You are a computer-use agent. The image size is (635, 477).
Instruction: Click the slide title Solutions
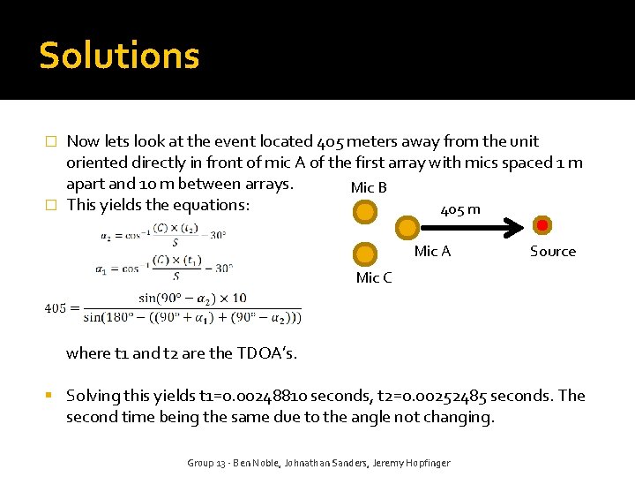119,56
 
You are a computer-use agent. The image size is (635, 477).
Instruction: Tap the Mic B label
369,187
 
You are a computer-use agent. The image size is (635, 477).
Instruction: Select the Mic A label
432,251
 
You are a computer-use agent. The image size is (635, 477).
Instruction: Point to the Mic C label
373,277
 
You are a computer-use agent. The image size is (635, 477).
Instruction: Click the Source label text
552,251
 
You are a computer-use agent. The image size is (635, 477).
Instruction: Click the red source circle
542,226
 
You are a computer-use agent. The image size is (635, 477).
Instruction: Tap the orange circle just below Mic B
364,212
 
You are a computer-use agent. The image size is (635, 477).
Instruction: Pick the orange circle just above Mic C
364,254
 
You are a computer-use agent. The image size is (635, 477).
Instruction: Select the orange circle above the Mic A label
407,227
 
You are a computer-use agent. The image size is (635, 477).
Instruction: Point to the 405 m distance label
460,209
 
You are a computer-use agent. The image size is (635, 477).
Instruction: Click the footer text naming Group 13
317,463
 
